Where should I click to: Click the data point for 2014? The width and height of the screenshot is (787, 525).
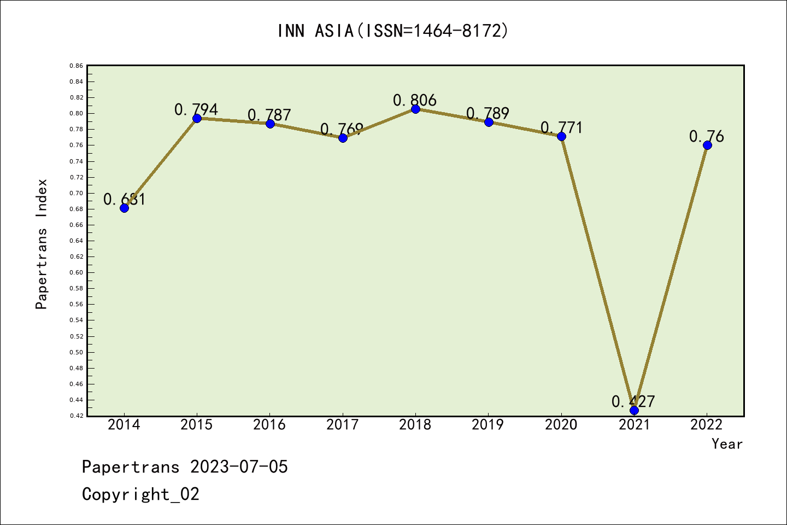pyautogui.click(x=124, y=208)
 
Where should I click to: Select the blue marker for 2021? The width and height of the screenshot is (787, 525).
pyautogui.click(x=634, y=410)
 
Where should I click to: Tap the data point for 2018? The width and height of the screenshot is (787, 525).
pyautogui.click(x=415, y=109)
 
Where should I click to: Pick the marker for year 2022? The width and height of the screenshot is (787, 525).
pyautogui.click(x=707, y=145)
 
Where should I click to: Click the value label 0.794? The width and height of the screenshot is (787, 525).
pyautogui.click(x=196, y=109)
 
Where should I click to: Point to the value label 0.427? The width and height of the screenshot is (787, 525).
pyautogui.click(x=633, y=402)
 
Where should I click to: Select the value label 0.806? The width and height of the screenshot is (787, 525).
pyautogui.click(x=415, y=100)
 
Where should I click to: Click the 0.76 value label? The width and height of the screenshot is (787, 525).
pyautogui.click(x=706, y=136)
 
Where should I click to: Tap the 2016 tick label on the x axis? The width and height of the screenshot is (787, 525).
pyautogui.click(x=269, y=424)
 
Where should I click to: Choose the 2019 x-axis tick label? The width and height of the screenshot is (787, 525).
pyautogui.click(x=488, y=424)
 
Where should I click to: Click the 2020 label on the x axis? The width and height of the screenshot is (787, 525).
pyautogui.click(x=561, y=424)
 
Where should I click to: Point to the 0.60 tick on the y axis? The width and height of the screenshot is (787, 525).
pyautogui.click(x=77, y=272)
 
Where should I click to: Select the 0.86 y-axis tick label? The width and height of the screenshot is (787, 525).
pyautogui.click(x=77, y=66)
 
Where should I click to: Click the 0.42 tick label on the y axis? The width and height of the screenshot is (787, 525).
pyautogui.click(x=77, y=416)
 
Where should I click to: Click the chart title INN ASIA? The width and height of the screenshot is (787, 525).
pyautogui.click(x=393, y=31)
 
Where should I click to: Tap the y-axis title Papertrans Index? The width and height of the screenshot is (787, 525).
pyautogui.click(x=42, y=244)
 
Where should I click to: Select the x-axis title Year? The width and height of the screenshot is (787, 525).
pyautogui.click(x=727, y=444)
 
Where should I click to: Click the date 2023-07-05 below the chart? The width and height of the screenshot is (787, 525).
pyautogui.click(x=239, y=467)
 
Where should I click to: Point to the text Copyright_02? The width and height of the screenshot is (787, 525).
pyautogui.click(x=140, y=494)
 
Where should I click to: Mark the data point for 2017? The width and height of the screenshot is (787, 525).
pyautogui.click(x=343, y=138)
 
